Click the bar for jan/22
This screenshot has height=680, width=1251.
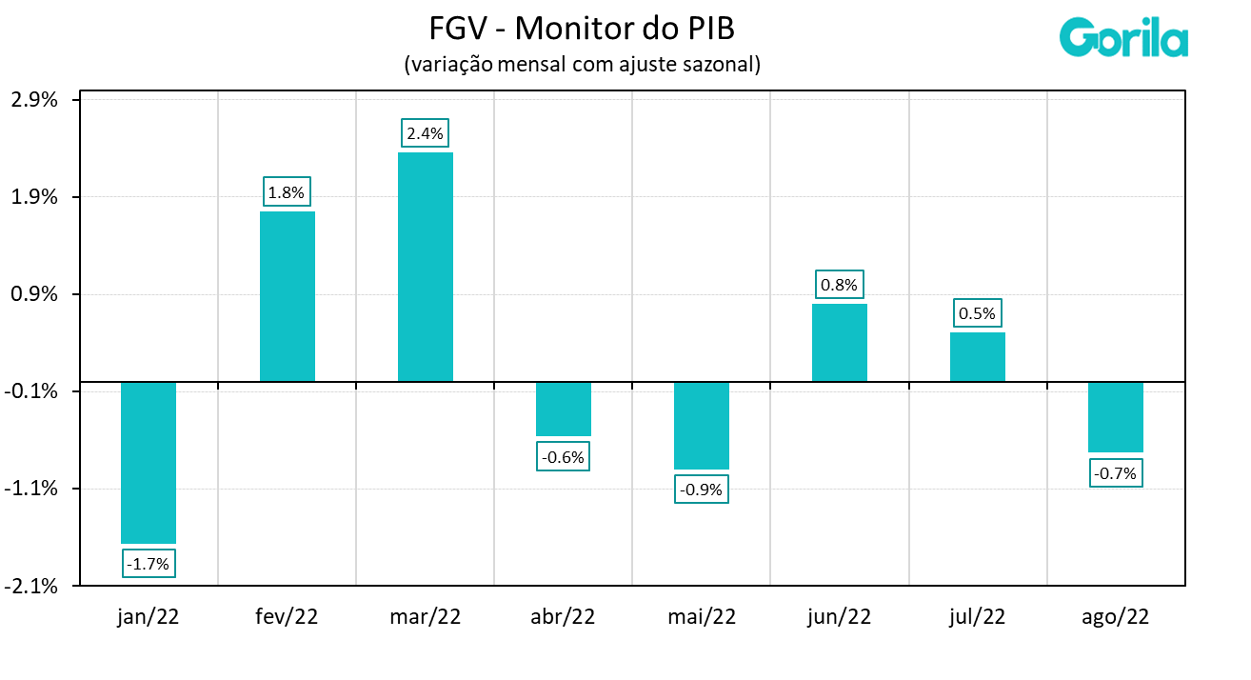[x=149, y=462]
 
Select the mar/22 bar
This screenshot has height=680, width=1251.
[x=425, y=267]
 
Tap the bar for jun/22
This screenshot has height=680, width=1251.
[x=839, y=343]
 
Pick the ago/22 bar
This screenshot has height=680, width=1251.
[x=1115, y=417]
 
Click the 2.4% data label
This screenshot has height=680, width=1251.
[x=425, y=133]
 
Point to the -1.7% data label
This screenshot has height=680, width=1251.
[x=149, y=564]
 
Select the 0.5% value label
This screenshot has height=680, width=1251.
[x=977, y=313]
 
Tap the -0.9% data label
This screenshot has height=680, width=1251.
[x=701, y=490]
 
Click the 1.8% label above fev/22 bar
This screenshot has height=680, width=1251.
[x=286, y=192]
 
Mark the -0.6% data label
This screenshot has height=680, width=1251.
[x=563, y=457]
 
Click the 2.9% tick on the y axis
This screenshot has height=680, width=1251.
[x=34, y=100]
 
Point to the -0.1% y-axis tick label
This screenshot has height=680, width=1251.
[x=34, y=391]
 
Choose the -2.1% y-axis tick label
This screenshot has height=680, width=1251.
[x=34, y=586]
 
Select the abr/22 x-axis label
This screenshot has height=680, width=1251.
[x=563, y=616]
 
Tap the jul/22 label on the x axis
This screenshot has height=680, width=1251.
[x=977, y=616]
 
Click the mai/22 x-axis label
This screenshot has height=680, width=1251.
[x=701, y=616]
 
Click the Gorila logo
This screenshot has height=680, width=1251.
[x=1123, y=38]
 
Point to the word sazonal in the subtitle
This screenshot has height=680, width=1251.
[x=726, y=65]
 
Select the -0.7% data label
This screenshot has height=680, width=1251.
[x=1115, y=473]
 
